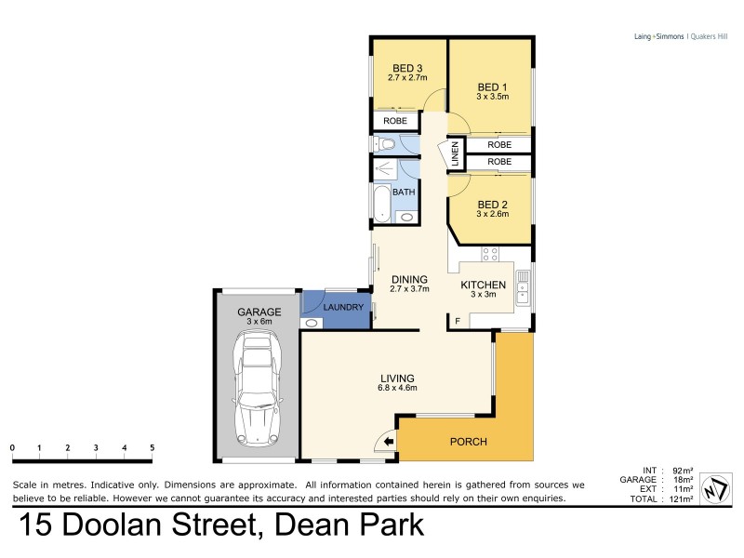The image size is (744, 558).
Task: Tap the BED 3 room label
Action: [406, 67]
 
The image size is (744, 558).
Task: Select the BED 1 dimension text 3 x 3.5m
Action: [492, 96]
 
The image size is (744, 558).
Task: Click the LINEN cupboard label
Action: [455, 155]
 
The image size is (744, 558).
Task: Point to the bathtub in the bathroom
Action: [382, 203]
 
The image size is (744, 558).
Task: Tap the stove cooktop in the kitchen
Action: [489, 253]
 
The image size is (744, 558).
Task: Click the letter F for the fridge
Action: [457, 322]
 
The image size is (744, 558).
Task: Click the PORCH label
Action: [468, 441]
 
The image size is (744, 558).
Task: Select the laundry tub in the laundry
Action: [312, 323]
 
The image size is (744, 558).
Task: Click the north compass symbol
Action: [713, 486]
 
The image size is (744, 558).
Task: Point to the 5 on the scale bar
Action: [152, 447]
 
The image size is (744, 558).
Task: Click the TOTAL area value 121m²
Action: [683, 499]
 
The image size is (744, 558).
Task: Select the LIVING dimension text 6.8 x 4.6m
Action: [398, 388]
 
